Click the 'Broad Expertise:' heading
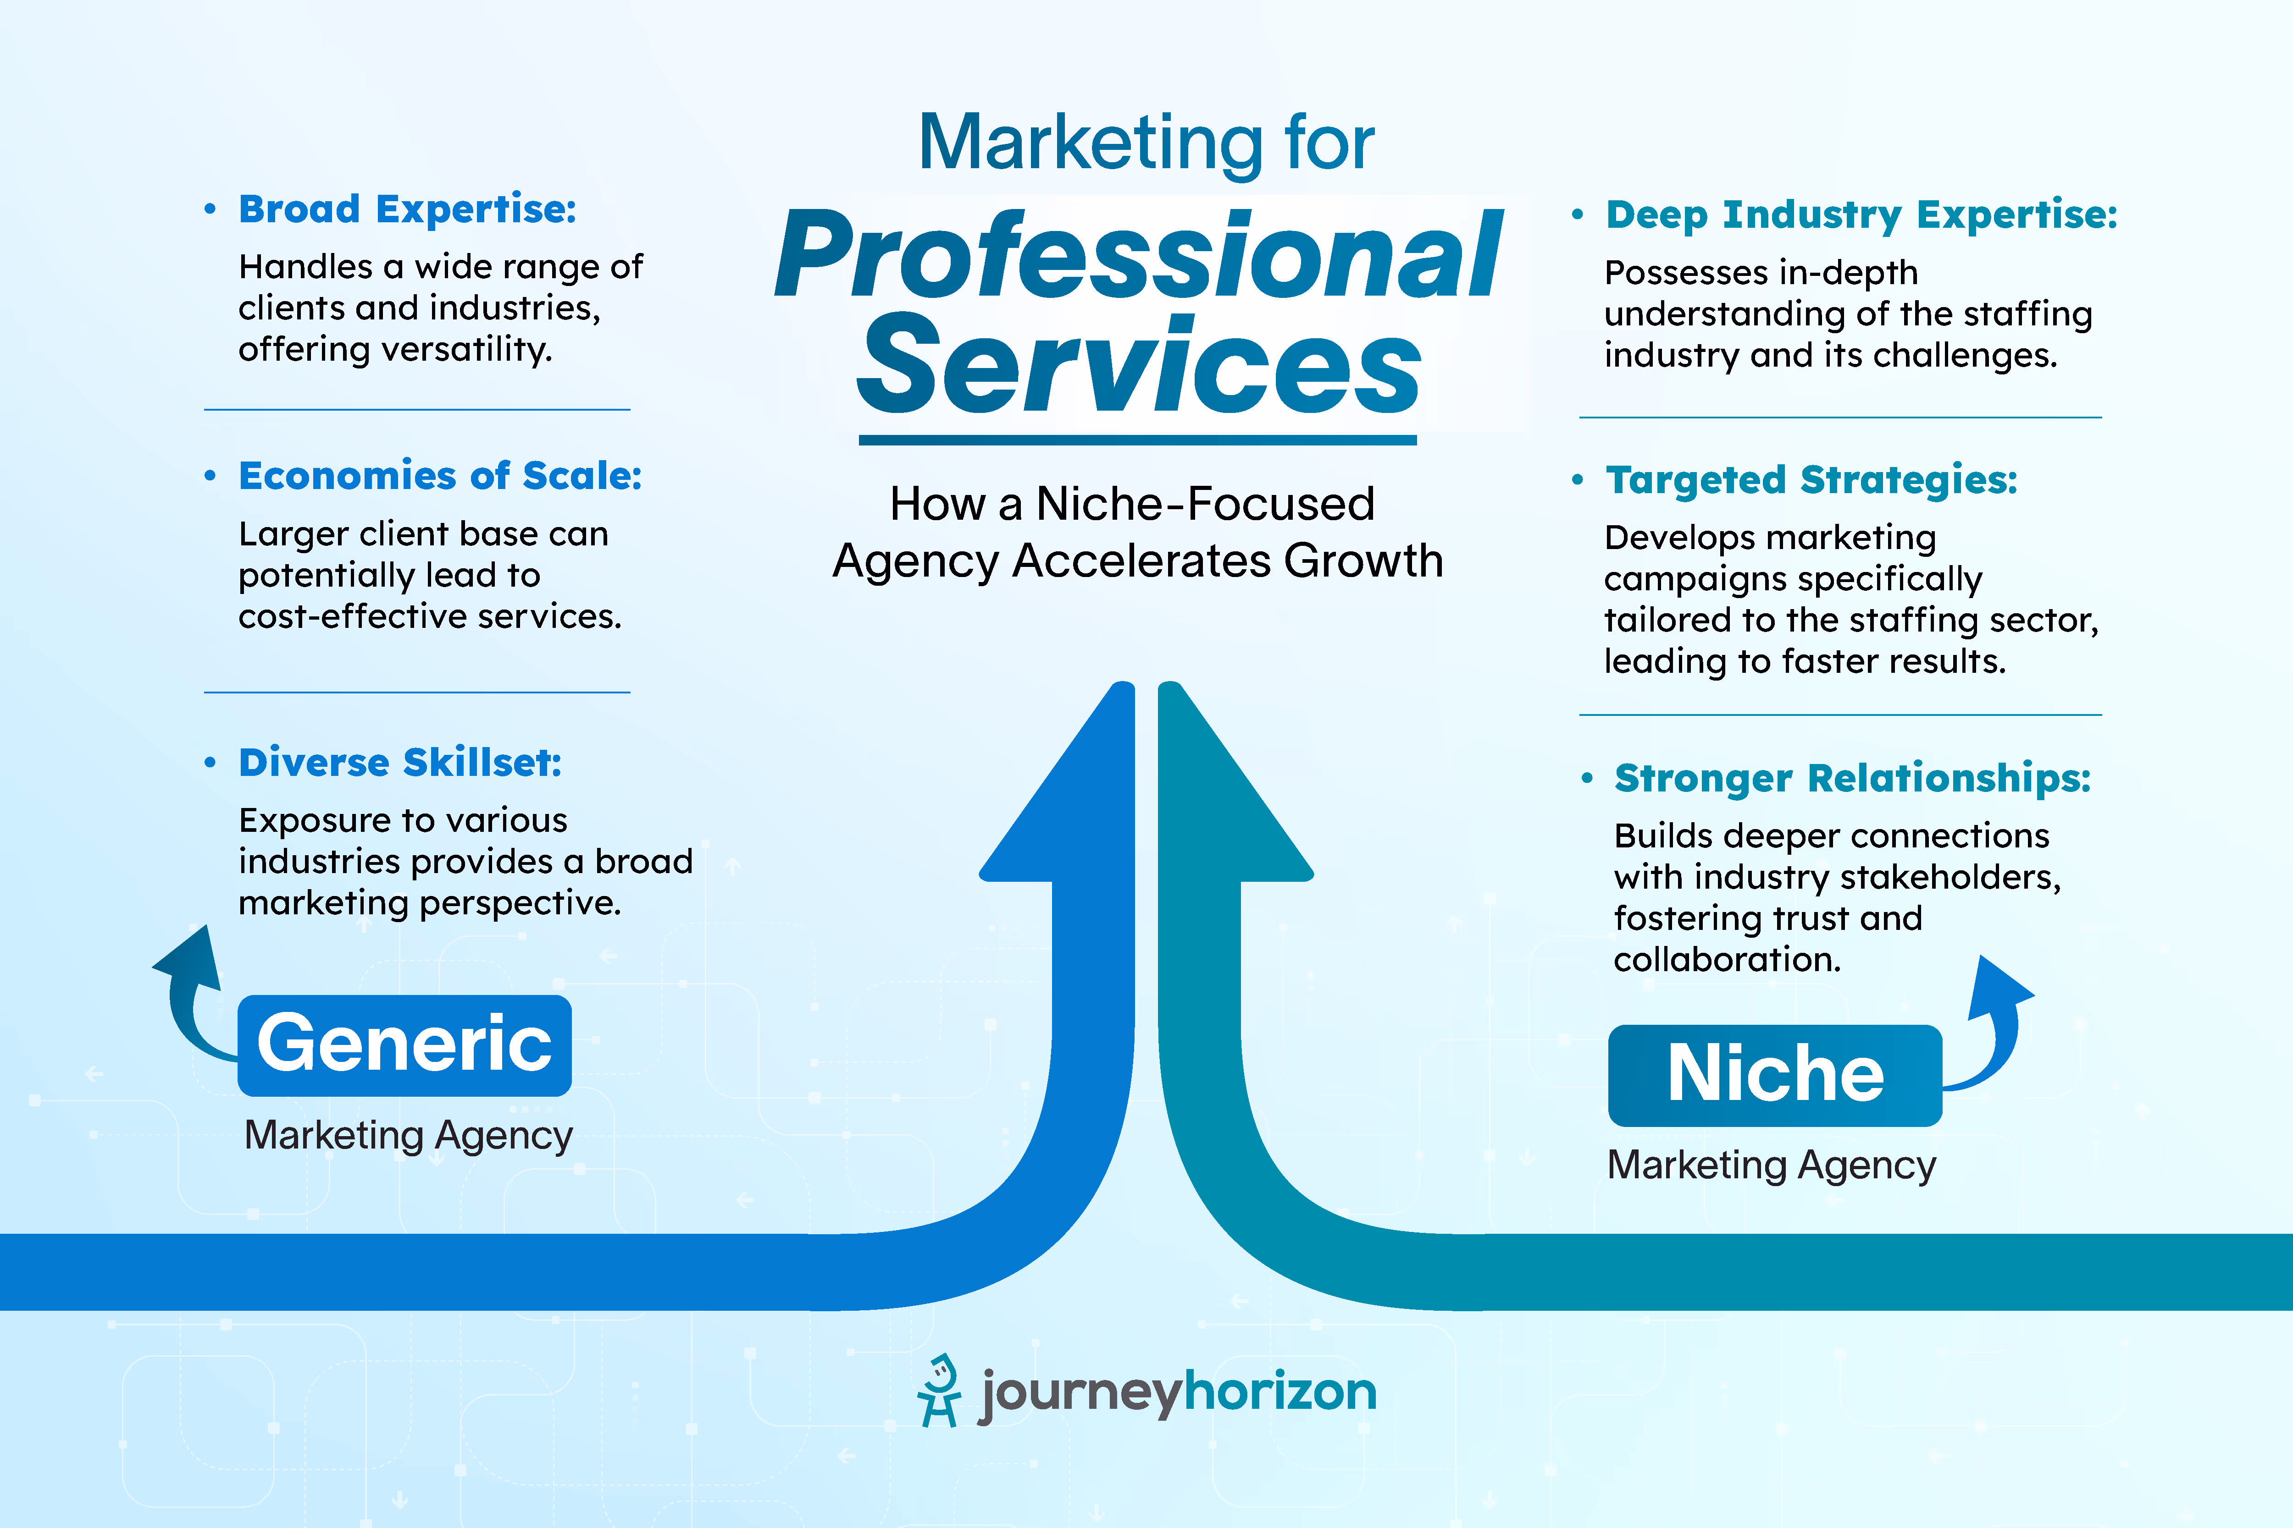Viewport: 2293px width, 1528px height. point(408,209)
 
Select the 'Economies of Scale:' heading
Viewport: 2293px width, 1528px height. point(440,477)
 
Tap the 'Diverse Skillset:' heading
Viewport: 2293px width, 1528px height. point(400,763)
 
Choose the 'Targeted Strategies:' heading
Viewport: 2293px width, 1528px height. point(1811,480)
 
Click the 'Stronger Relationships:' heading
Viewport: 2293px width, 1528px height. point(1851,779)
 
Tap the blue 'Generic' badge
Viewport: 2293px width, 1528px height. point(404,1044)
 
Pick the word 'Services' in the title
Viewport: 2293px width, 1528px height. point(1138,365)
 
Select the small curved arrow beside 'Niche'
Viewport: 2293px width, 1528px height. point(1994,1023)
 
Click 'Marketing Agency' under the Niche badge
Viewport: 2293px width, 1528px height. point(1772,1165)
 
